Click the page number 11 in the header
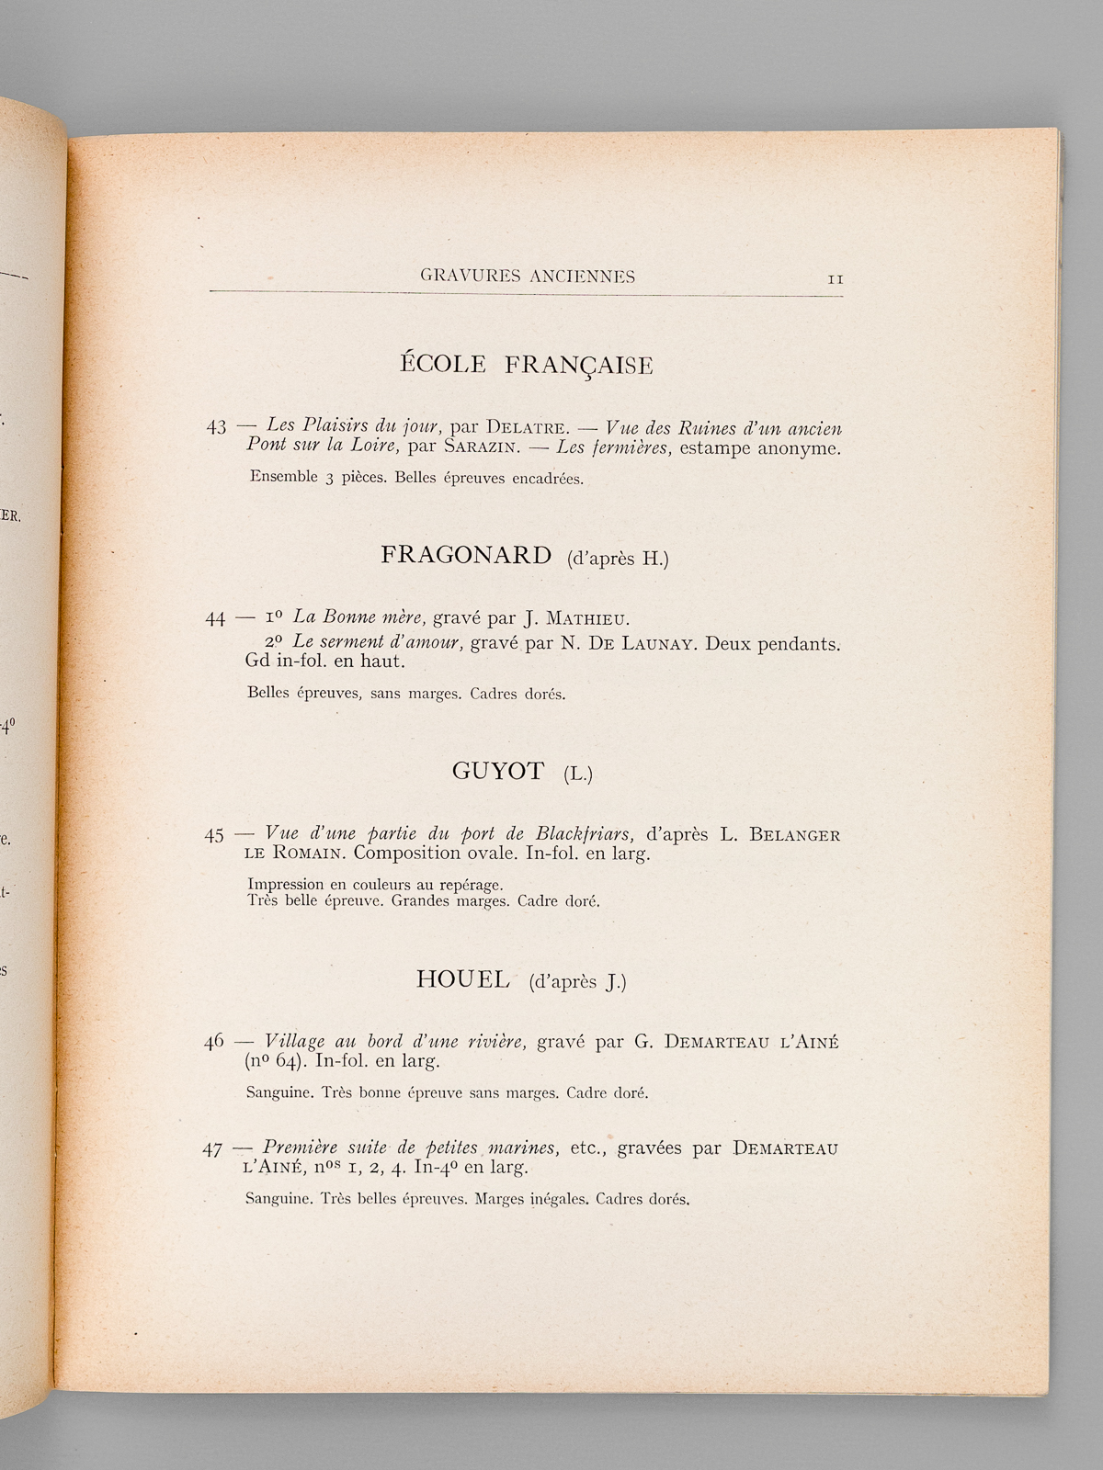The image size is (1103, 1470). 835,279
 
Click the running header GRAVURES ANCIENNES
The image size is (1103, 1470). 528,276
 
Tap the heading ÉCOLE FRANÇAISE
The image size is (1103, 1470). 526,365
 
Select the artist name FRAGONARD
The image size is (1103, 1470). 465,555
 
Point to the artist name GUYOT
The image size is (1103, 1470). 498,771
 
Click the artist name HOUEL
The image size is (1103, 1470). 462,979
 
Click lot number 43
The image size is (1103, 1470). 216,427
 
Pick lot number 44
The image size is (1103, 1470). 215,618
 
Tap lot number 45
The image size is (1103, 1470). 214,835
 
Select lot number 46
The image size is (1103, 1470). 214,1043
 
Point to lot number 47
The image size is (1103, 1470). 213,1148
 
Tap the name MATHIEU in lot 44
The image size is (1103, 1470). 588,618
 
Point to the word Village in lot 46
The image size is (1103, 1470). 294,1042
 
